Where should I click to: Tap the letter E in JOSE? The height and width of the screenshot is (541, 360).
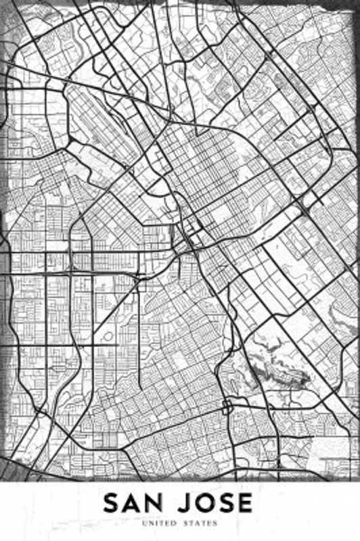coord(246,503)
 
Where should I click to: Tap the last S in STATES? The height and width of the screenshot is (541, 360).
coord(217,523)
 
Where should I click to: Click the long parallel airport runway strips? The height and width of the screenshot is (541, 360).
coord(102,122)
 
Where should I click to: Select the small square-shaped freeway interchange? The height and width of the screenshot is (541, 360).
coord(227,406)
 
